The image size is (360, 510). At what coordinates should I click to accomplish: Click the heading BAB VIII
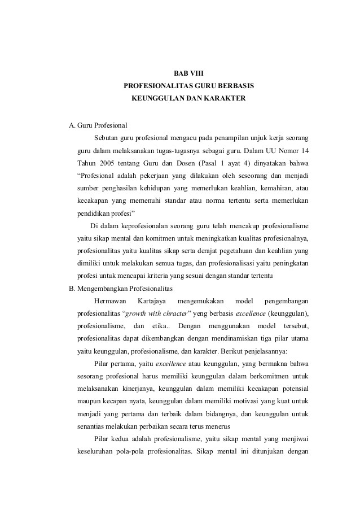(188, 73)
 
